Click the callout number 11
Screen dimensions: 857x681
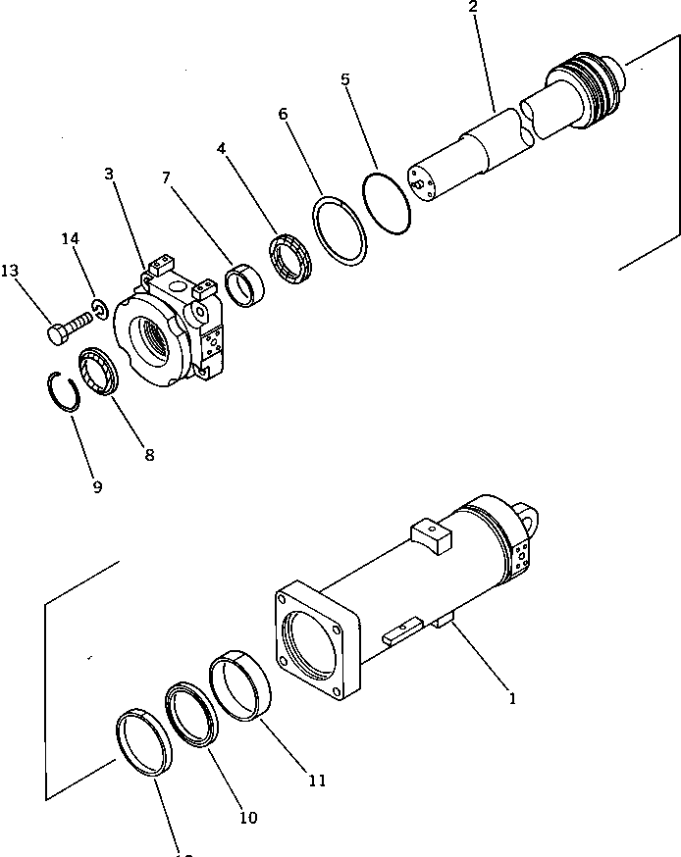[316, 781]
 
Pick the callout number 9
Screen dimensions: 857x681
[97, 486]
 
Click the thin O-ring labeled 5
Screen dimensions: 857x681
[385, 204]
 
